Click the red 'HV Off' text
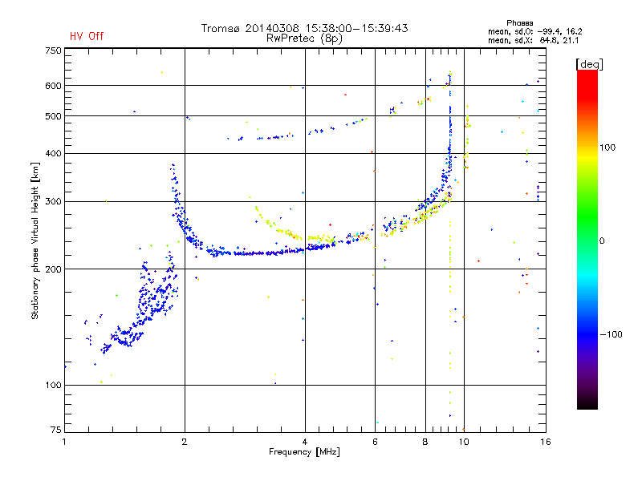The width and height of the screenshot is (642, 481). tap(87, 36)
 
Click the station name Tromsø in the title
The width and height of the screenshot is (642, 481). tap(220, 28)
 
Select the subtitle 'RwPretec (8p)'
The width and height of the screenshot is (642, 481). tap(304, 38)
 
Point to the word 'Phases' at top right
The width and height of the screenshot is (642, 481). tap(519, 23)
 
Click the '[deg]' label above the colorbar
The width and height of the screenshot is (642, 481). tap(589, 65)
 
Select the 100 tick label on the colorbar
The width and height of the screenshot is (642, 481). tap(607, 148)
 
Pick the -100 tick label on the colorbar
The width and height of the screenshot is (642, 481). tap(611, 334)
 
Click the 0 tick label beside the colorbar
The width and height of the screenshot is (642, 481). tap(602, 241)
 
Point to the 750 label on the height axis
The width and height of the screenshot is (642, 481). tap(53, 51)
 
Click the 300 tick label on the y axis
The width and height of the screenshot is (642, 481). tap(53, 201)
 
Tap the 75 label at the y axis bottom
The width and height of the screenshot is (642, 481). tap(56, 430)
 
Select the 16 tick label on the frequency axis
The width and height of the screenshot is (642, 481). tap(546, 442)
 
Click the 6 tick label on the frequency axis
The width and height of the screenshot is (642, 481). tap(375, 442)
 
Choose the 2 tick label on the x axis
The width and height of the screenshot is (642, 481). tap(185, 442)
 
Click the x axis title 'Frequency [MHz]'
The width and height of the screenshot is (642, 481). tap(304, 452)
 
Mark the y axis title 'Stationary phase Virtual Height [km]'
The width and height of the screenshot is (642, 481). tap(35, 240)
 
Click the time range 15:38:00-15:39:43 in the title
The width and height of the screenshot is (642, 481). tap(356, 28)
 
